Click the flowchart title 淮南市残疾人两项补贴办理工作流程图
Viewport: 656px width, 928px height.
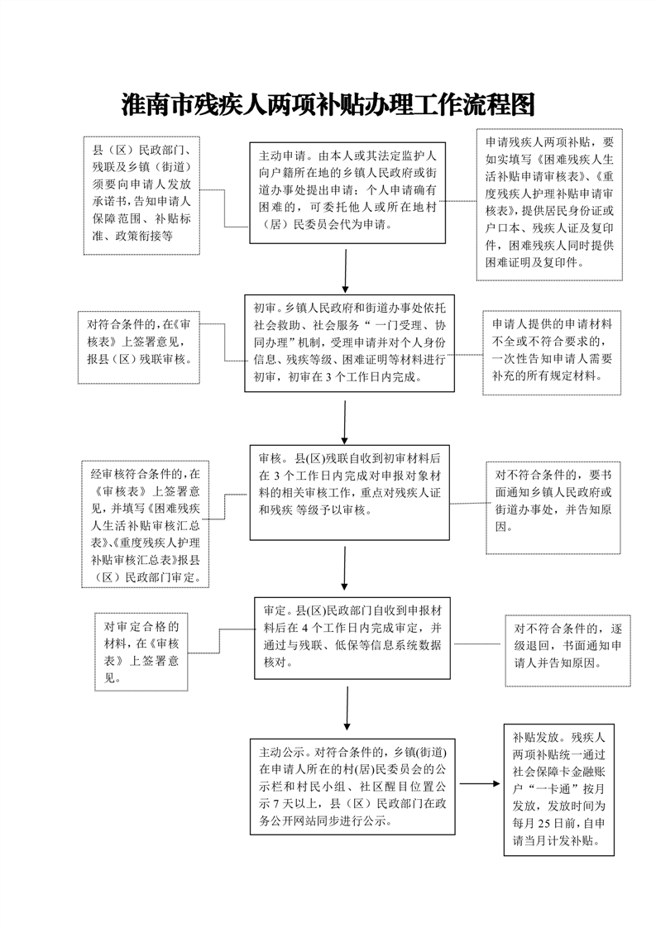(328, 105)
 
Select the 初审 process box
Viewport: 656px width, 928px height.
(349, 342)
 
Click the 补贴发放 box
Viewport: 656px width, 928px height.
(558, 789)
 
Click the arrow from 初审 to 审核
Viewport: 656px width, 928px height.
(345, 419)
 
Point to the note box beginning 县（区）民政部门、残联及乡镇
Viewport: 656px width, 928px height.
(141, 194)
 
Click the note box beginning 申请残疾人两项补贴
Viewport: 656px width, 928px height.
(549, 203)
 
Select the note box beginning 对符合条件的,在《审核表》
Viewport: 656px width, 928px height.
(139, 347)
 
